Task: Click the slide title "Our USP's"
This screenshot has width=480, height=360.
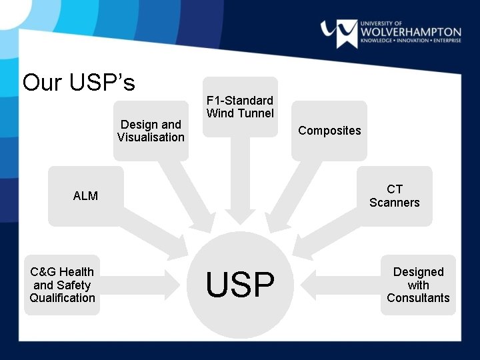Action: (x=79, y=83)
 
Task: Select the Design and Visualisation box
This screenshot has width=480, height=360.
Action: (x=151, y=131)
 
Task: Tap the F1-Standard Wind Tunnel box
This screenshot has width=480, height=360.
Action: (x=240, y=107)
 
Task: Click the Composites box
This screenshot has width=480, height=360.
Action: (x=329, y=131)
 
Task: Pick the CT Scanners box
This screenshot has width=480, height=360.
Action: (x=395, y=196)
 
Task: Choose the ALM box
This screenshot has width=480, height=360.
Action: (x=85, y=196)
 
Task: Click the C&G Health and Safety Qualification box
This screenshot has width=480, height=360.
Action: (x=62, y=285)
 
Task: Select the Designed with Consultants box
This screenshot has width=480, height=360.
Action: (x=418, y=285)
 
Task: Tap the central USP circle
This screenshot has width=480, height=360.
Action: (x=240, y=285)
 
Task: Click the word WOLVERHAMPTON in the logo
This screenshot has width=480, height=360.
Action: (x=410, y=31)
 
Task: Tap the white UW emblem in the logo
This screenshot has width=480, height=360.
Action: (x=339, y=32)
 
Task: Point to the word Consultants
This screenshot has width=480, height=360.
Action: (x=418, y=298)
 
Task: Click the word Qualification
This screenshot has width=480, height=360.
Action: (x=62, y=298)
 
